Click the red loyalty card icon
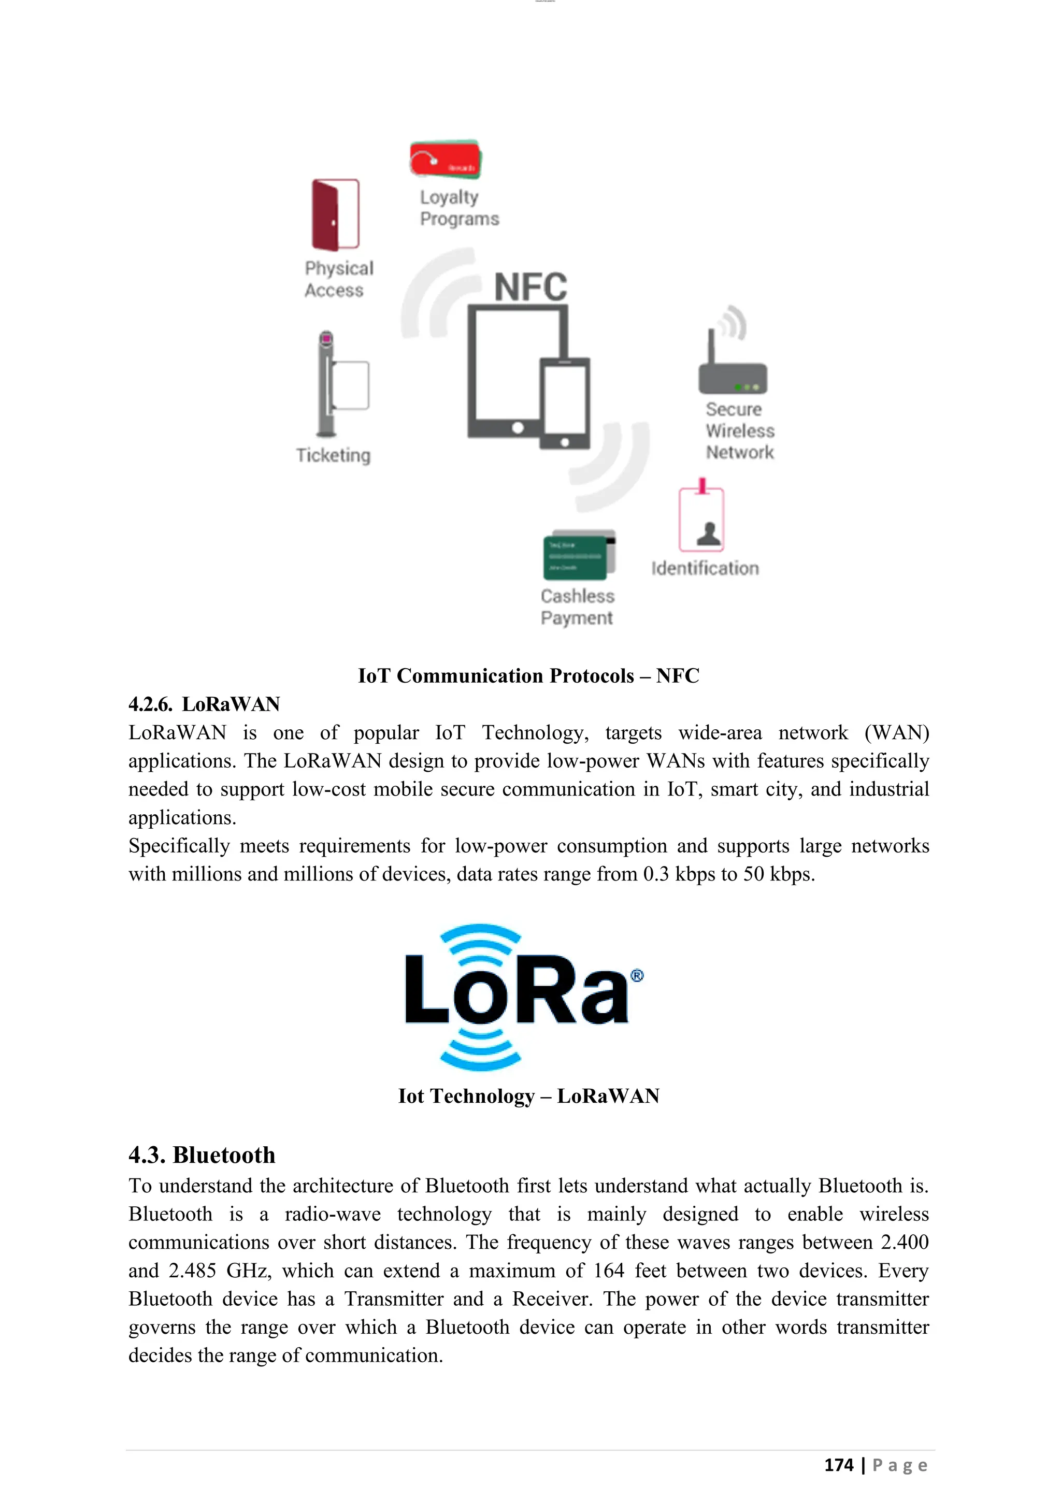tap(445, 159)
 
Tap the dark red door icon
tap(335, 215)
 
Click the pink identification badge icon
tap(701, 520)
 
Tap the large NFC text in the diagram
tap(530, 287)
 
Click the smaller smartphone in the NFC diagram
tap(565, 403)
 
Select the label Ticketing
tap(333, 455)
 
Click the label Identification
tap(705, 568)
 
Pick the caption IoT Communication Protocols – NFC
tap(528, 675)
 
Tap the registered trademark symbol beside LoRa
tap(637, 975)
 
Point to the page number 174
tap(838, 1465)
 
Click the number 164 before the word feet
tap(609, 1271)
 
